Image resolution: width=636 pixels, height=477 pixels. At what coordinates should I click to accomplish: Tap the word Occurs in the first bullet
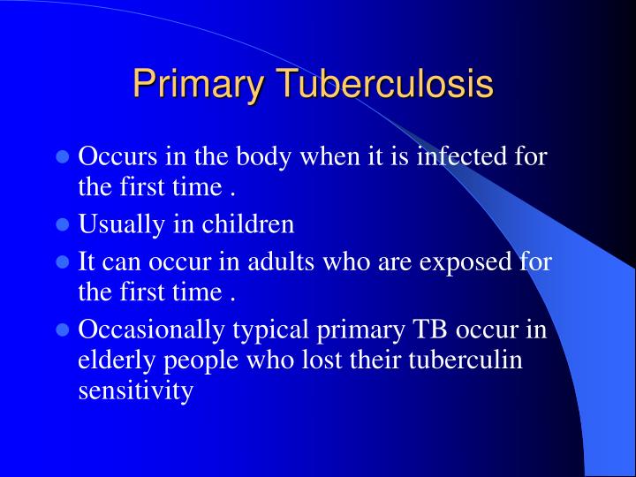point(115,158)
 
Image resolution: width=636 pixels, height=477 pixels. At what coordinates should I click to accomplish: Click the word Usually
point(118,224)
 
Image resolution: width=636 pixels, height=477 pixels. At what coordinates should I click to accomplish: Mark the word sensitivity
point(135,390)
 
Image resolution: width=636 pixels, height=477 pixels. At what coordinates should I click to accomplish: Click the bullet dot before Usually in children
point(63,225)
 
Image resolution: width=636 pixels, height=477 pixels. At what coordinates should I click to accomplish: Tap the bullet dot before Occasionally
point(63,330)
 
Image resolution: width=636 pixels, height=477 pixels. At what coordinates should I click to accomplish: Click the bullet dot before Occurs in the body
point(63,159)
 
